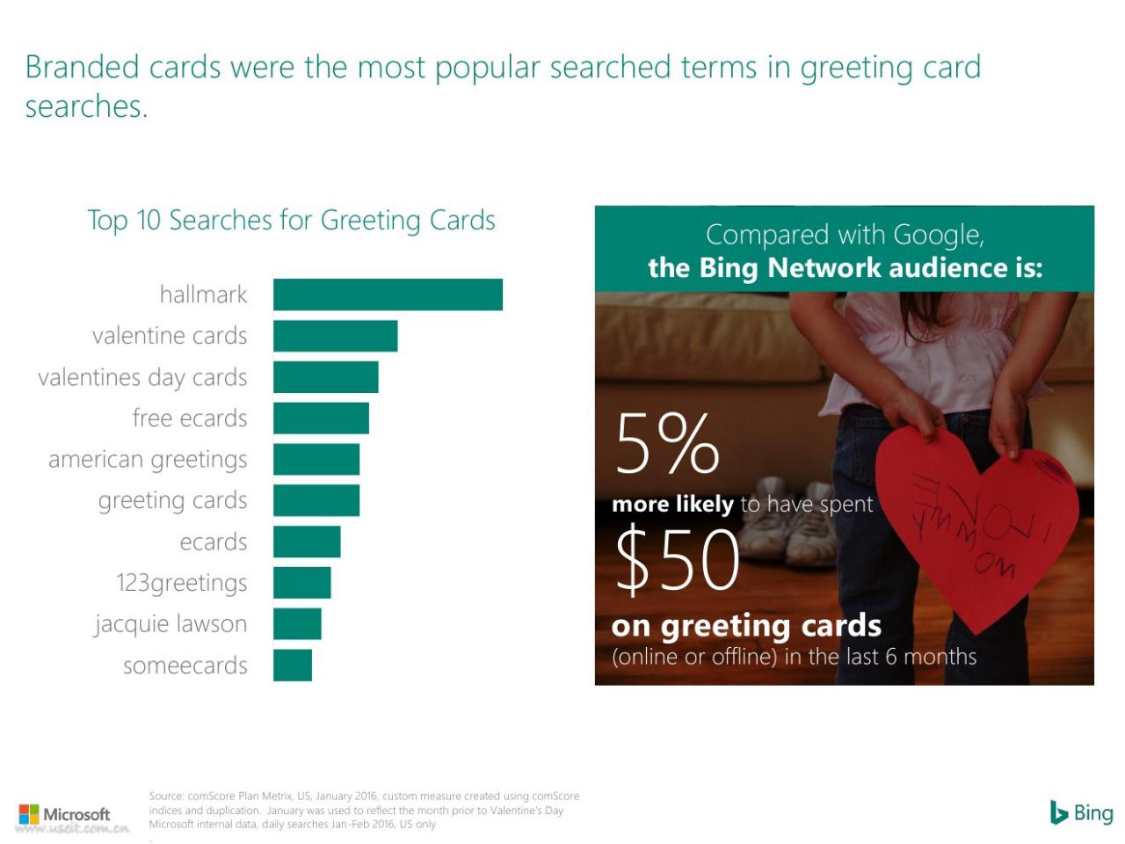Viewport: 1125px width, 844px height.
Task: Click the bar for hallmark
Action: coord(388,295)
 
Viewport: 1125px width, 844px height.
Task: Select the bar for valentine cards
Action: coord(335,336)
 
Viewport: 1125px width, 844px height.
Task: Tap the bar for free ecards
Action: coord(321,418)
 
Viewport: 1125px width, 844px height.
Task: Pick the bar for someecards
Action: coord(293,666)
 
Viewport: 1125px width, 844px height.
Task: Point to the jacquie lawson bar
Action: coord(297,623)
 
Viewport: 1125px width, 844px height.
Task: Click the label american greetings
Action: coord(148,460)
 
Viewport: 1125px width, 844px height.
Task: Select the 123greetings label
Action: coord(181,583)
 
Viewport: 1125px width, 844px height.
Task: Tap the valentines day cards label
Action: coord(142,378)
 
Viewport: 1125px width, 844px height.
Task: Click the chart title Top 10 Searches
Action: coord(291,221)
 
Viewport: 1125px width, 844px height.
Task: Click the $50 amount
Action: coord(678,559)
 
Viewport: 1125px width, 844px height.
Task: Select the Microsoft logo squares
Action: coord(29,814)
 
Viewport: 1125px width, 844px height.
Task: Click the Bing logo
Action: coord(1081,813)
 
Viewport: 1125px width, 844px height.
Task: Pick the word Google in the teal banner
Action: coord(938,236)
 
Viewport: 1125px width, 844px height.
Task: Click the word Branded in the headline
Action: coord(83,67)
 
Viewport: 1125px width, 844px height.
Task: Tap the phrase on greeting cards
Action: coord(746,626)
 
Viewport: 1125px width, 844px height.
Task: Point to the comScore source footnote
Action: coord(364,811)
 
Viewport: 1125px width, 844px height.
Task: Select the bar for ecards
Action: coord(307,542)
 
